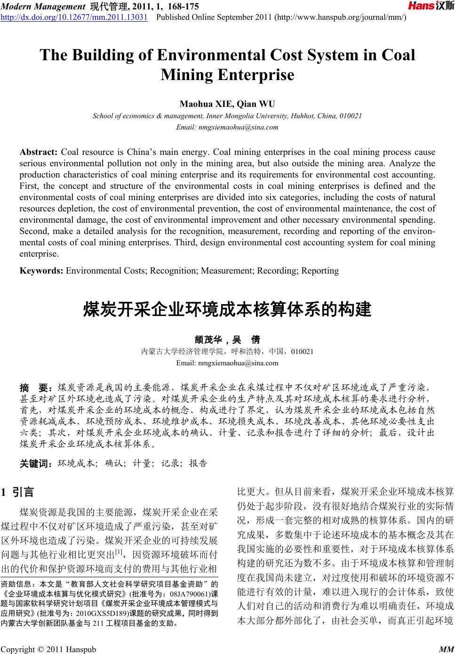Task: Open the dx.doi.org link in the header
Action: click(74, 17)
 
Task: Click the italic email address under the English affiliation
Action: click(227, 127)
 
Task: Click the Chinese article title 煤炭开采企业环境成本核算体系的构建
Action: click(227, 310)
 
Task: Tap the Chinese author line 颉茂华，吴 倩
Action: click(227, 339)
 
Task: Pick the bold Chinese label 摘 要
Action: click(37, 388)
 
